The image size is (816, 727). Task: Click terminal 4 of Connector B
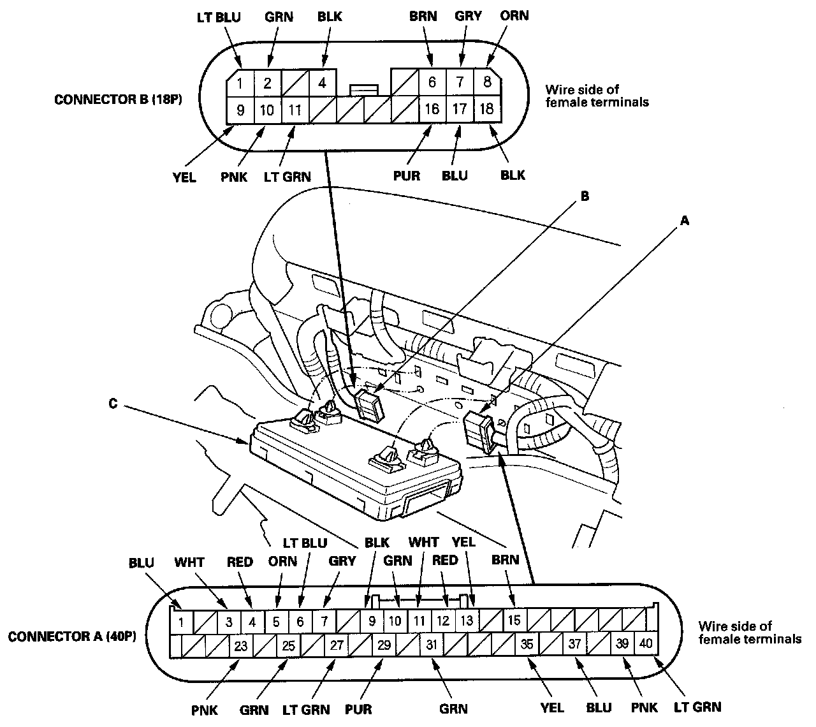point(323,83)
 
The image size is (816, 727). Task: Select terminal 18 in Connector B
point(486,109)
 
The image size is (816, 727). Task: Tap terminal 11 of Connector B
point(295,110)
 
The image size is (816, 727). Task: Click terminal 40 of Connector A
point(646,644)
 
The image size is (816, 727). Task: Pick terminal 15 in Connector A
point(514,620)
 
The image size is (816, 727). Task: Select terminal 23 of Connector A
point(240,645)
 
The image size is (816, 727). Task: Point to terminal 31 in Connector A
point(432,645)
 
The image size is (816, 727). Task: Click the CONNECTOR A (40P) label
point(71,636)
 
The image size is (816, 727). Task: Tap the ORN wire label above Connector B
point(514,15)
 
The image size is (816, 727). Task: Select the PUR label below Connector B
point(406,175)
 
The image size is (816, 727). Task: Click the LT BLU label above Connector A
point(305,543)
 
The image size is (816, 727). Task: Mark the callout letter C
point(113,404)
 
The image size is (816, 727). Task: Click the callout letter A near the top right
point(685,221)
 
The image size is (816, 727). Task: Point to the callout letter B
point(585,197)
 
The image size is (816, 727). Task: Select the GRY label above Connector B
point(469,16)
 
